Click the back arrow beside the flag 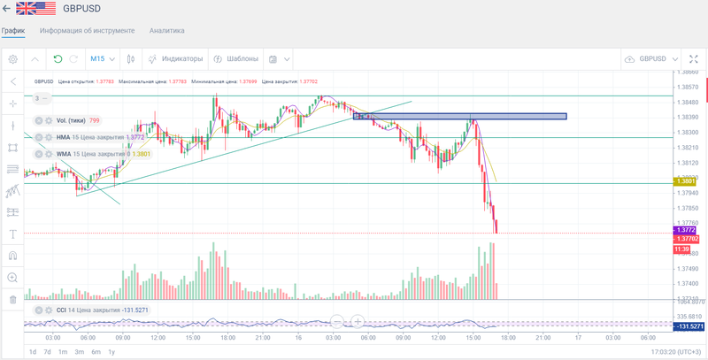(x=7, y=8)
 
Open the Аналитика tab (x=166, y=30)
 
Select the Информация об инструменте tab (x=87, y=30)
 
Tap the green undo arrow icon (x=58, y=59)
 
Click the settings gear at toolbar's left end (x=12, y=59)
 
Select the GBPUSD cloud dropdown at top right (x=651, y=59)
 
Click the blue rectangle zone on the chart (x=459, y=116)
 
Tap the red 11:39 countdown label (x=683, y=249)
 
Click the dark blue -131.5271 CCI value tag (x=689, y=326)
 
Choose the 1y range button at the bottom (x=111, y=352)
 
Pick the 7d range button (x=47, y=352)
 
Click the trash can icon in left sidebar (x=12, y=299)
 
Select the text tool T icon (x=12, y=234)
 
